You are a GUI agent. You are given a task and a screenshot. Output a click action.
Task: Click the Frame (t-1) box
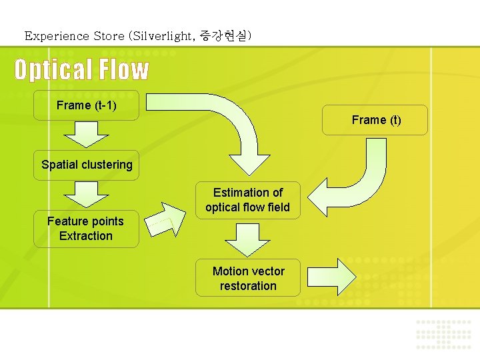click(x=87, y=105)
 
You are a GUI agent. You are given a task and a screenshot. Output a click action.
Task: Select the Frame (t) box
click(x=376, y=120)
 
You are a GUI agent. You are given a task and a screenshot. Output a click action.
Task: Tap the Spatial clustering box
click(x=87, y=165)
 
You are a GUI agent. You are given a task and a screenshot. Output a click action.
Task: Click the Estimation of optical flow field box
click(x=248, y=200)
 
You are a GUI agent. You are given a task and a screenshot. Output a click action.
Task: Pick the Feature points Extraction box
click(x=86, y=229)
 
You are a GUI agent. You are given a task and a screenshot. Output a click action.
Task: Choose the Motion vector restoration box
click(x=248, y=279)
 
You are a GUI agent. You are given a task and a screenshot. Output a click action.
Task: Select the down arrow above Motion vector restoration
click(x=248, y=237)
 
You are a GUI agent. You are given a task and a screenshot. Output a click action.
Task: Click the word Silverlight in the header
click(x=162, y=36)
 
